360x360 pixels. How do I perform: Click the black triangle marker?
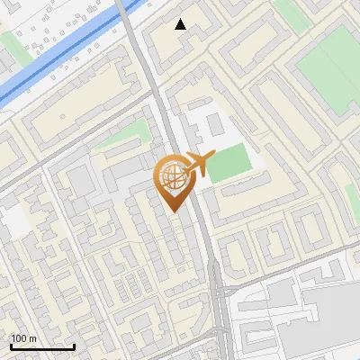(x=181, y=24)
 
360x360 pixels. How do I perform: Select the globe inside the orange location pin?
(x=171, y=179)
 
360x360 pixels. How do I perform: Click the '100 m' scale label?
(x=24, y=337)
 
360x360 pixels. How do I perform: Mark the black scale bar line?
(x=42, y=346)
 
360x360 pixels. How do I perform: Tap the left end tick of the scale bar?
(x=11, y=344)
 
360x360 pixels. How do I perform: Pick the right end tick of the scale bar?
(x=74, y=344)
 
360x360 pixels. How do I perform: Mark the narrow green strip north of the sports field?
(x=289, y=11)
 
